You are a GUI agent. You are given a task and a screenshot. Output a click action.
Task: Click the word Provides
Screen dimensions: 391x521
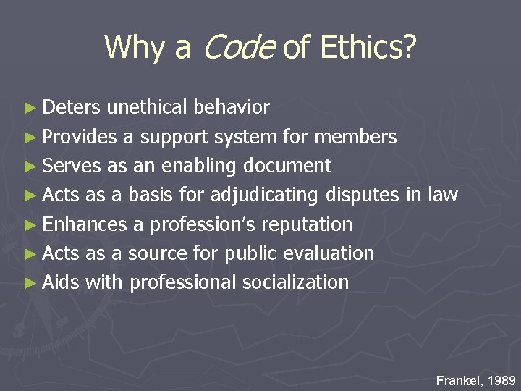tap(80, 137)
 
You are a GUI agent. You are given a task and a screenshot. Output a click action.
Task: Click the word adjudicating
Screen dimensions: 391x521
tap(264, 195)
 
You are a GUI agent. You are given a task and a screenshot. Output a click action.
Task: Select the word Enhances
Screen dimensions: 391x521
tap(84, 224)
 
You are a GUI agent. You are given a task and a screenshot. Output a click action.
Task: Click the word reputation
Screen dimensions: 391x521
tap(307, 224)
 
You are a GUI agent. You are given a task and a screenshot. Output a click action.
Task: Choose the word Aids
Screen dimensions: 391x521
tap(61, 282)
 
